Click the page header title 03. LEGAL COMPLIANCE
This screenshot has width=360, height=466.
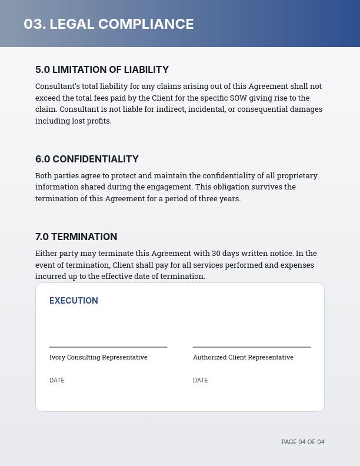click(109, 24)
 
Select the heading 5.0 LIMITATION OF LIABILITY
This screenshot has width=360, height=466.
click(102, 69)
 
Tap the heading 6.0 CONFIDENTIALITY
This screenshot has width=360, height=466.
click(87, 159)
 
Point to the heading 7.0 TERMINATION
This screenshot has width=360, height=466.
click(76, 237)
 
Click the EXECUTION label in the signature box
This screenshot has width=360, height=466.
click(74, 301)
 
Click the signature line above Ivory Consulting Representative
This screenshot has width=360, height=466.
click(108, 347)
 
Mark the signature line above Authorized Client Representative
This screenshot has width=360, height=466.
click(252, 347)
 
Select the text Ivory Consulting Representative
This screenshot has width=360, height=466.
click(98, 357)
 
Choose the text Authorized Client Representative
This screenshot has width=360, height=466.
click(243, 357)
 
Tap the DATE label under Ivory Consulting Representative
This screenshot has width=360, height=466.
click(57, 381)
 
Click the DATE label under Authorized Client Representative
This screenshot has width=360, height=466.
click(201, 381)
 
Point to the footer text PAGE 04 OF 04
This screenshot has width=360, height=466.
click(303, 442)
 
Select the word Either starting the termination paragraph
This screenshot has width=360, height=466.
click(45, 254)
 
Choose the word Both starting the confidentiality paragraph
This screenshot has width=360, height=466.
click(44, 175)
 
